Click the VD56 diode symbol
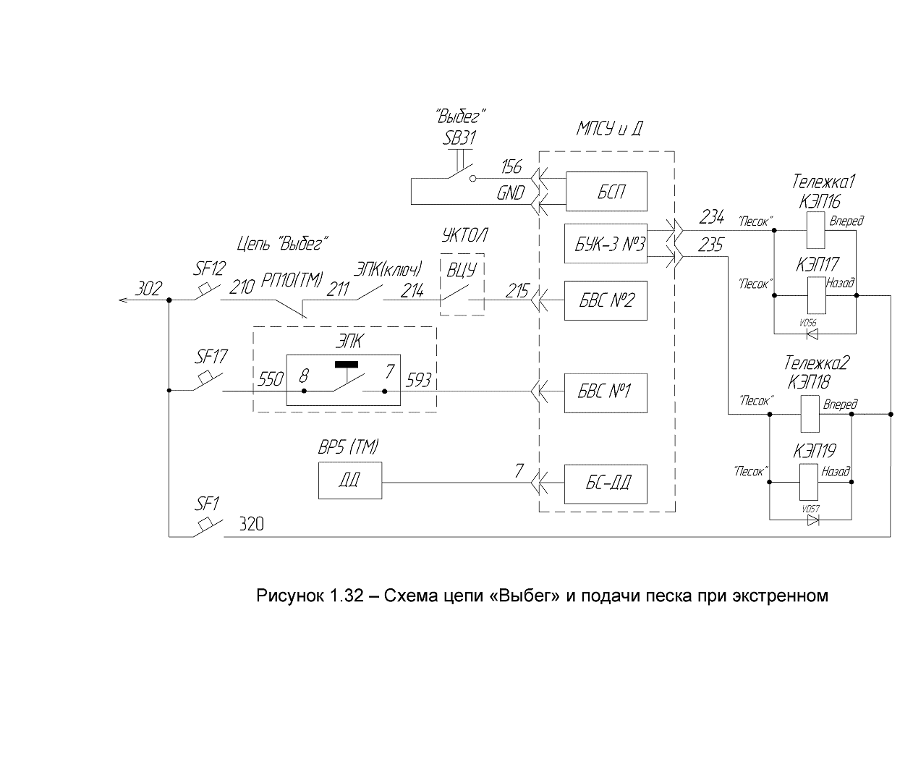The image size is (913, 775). click(x=812, y=334)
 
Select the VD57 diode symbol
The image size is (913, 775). click(x=812, y=520)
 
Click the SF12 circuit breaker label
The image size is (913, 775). click(x=209, y=268)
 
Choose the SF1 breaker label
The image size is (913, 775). click(x=207, y=504)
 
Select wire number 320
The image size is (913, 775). click(x=251, y=524)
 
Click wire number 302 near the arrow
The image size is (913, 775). click(x=148, y=289)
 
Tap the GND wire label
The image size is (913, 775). click(x=511, y=193)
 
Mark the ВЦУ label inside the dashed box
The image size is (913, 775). click(x=461, y=269)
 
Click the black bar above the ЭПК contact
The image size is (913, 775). click(x=347, y=365)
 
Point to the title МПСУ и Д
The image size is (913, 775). click(x=609, y=129)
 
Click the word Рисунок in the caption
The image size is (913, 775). click(x=289, y=596)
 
